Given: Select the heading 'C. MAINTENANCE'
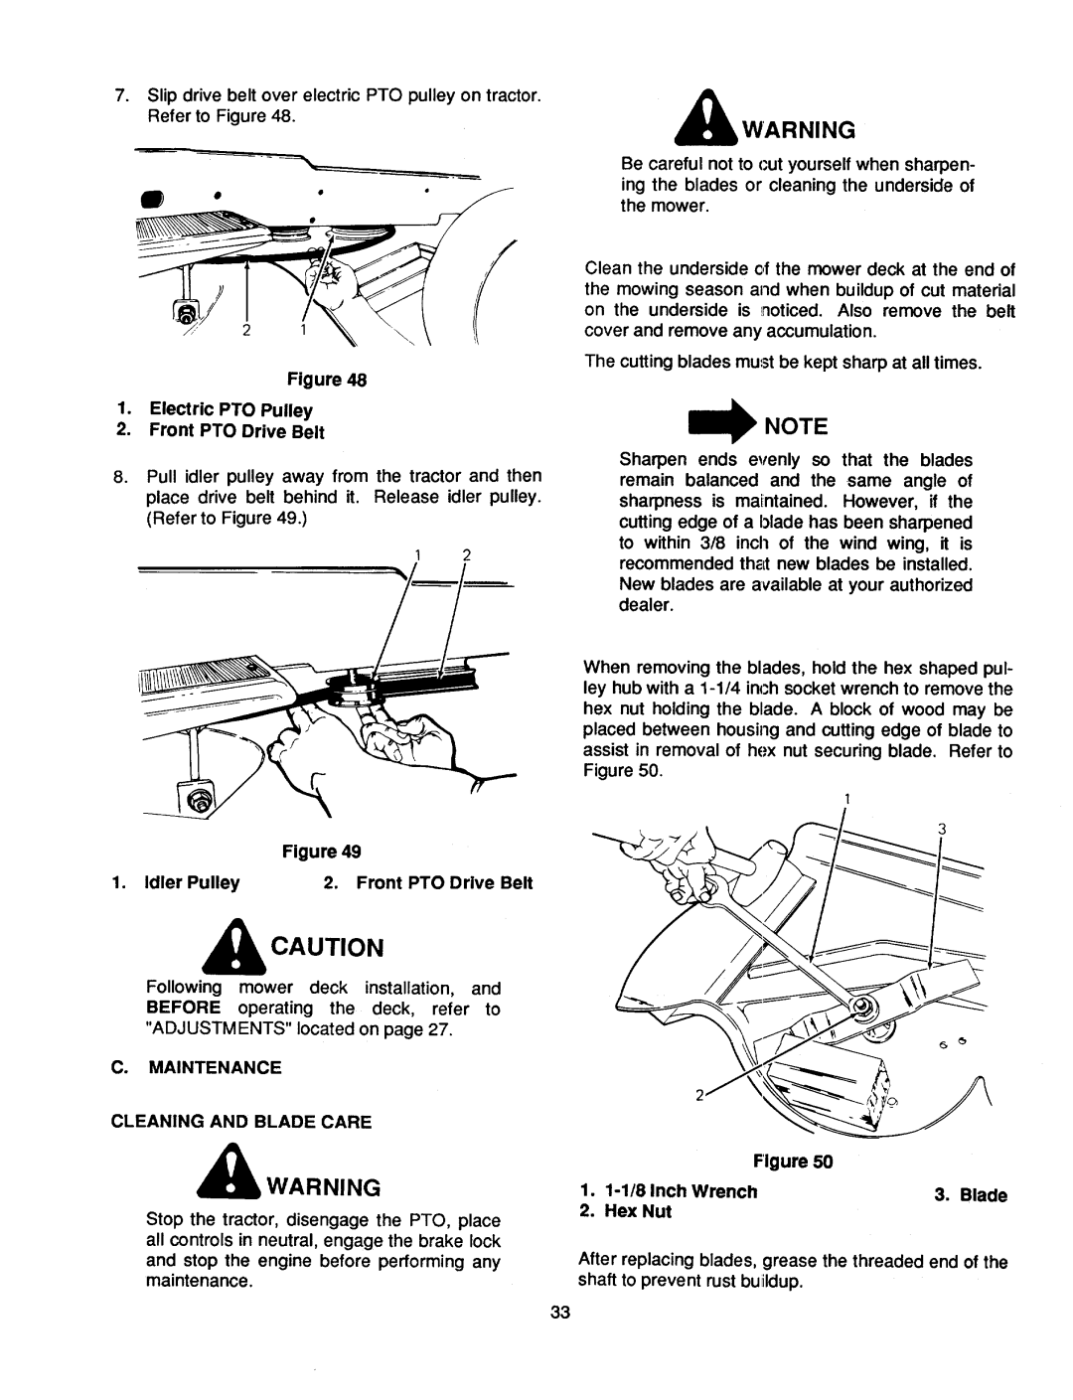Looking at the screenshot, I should [210, 1067].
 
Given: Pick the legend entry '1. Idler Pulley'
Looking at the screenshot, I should [179, 881].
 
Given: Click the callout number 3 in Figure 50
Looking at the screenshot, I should [940, 830].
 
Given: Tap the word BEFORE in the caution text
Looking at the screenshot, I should [178, 1009].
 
